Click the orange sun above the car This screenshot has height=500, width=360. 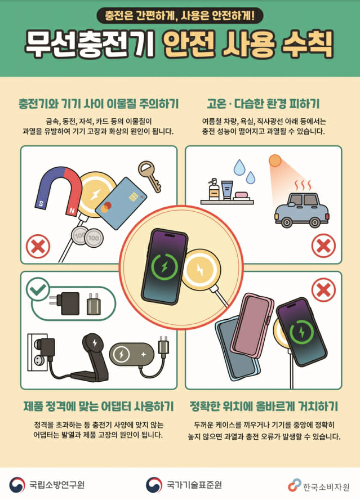click(x=275, y=161)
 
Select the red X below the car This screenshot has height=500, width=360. click(x=323, y=246)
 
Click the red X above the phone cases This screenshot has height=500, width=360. click(x=323, y=291)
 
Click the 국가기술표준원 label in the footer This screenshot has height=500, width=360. click(x=194, y=485)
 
